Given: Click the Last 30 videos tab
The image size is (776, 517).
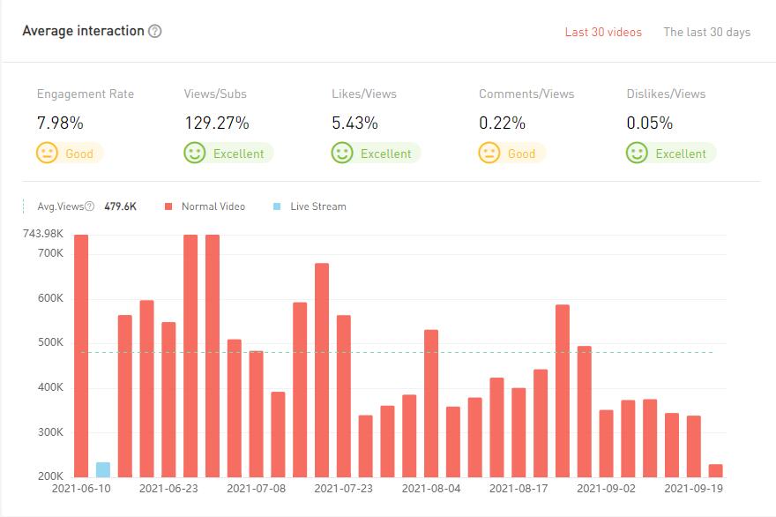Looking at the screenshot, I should [x=603, y=32].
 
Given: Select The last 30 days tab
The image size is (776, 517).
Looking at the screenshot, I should [x=706, y=32].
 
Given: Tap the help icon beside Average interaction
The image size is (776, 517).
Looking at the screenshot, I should [x=155, y=31].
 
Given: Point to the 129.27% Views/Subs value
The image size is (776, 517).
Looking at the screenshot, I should [x=216, y=123].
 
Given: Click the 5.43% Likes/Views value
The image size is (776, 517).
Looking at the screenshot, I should [x=354, y=123].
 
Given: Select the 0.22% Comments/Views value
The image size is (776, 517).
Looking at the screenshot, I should [x=502, y=123].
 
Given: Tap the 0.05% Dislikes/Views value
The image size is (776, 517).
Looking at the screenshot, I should [x=649, y=123].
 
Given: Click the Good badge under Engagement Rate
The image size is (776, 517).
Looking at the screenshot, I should [x=70, y=154].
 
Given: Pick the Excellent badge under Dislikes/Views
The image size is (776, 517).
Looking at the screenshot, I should [x=671, y=154].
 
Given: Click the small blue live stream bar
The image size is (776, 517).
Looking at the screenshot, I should [x=103, y=469].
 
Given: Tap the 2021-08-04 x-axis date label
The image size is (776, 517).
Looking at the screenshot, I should [x=431, y=487].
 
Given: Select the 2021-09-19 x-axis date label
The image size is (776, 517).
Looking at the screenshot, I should [x=693, y=487].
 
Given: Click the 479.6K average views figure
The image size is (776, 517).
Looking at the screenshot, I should [x=121, y=206].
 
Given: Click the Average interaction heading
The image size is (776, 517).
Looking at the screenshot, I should [x=83, y=31].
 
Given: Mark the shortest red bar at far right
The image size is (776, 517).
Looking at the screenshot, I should [x=715, y=470].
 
